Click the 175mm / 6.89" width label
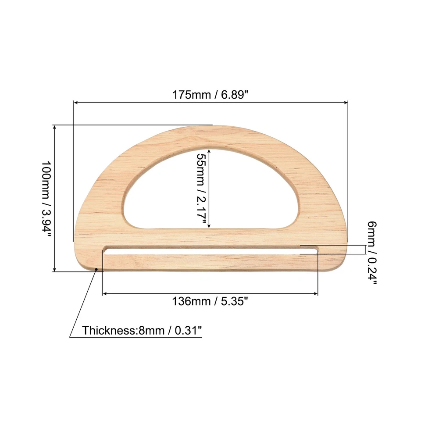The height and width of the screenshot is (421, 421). tap(210, 94)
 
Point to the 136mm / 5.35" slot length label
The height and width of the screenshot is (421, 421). tap(210, 301)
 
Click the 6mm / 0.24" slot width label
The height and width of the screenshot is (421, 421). tap(372, 253)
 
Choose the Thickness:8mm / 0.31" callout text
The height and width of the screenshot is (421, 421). tap(142, 330)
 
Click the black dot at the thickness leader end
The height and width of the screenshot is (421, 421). tap(96, 269)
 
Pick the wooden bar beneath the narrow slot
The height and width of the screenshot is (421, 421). tap(210, 263)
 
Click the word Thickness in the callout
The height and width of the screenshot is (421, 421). tap(104, 330)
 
